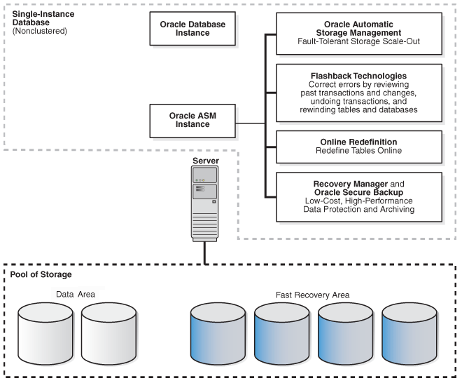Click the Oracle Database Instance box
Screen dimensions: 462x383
(x=192, y=29)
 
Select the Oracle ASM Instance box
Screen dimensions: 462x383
(x=192, y=121)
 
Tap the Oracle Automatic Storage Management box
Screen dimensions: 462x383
(x=359, y=34)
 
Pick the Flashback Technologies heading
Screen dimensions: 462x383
(x=358, y=76)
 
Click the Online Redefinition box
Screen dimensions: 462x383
(x=359, y=147)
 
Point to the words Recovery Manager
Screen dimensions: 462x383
(x=350, y=184)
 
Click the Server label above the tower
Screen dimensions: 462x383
(x=206, y=161)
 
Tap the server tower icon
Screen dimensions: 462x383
(x=205, y=203)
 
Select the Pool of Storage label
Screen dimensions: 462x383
(x=41, y=274)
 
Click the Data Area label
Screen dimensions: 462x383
(x=76, y=295)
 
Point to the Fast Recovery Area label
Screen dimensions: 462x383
(x=313, y=295)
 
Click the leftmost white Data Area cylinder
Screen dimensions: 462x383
(x=45, y=334)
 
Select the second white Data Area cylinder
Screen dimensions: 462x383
(x=108, y=334)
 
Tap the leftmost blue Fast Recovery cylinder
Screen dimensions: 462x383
(x=218, y=334)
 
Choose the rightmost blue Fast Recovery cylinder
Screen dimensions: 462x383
(x=409, y=334)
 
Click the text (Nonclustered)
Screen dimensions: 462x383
(x=40, y=31)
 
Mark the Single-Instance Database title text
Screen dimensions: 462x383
(x=43, y=18)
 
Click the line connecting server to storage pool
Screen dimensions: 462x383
(x=205, y=253)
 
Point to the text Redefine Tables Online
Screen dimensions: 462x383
(x=358, y=151)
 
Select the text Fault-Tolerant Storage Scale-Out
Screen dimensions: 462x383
(x=358, y=41)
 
